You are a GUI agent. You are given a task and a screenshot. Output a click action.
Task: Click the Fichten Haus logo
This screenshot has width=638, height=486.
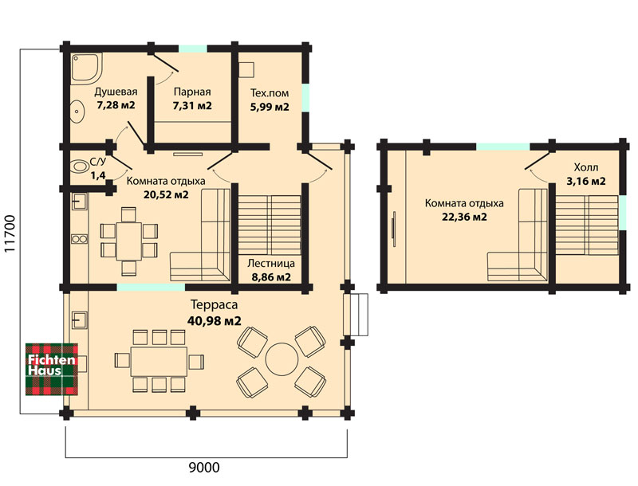(52, 370)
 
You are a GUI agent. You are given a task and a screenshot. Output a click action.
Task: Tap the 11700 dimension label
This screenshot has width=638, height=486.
(10, 233)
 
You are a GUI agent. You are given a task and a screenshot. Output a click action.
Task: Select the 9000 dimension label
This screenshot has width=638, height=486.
(204, 468)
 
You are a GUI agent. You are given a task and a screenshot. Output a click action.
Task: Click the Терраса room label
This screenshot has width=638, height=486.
(214, 304)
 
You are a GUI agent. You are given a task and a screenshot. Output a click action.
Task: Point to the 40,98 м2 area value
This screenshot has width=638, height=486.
(214, 321)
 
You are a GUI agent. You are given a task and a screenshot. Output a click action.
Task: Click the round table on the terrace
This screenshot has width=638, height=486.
(282, 359)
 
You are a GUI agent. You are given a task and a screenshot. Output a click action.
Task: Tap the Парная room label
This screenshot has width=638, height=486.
(192, 92)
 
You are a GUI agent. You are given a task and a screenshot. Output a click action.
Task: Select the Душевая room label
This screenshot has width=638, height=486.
(116, 92)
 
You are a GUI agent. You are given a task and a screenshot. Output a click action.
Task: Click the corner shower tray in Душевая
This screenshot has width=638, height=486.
(86, 68)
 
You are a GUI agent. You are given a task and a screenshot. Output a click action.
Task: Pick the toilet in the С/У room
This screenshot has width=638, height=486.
(80, 167)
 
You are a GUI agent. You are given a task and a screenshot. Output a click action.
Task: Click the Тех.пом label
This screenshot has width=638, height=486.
(270, 93)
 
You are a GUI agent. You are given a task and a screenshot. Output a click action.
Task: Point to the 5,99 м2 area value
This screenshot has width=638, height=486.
(270, 107)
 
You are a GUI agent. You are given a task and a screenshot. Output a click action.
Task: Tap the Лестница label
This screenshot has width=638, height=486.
(271, 264)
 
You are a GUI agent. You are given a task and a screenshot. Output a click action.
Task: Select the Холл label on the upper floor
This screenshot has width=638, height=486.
(586, 167)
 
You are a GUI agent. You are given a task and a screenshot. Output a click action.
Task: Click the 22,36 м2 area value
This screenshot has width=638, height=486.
(464, 217)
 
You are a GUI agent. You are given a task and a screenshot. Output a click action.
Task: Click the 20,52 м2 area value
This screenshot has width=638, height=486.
(166, 194)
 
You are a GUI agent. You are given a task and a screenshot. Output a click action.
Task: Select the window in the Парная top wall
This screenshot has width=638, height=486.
(193, 49)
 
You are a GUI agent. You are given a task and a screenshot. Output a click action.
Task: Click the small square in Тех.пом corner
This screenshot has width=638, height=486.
(246, 69)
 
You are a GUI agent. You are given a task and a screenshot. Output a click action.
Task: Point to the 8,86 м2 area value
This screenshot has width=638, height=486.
(271, 277)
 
